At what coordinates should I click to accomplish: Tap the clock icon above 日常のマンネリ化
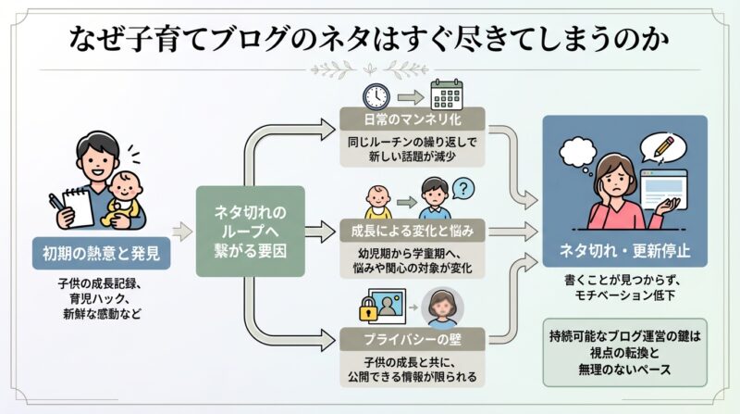pos(376,95)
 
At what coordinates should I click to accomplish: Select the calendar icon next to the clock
pos(445,95)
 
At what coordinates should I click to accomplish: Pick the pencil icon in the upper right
pos(669,145)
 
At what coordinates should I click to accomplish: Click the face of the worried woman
pos(612,175)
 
